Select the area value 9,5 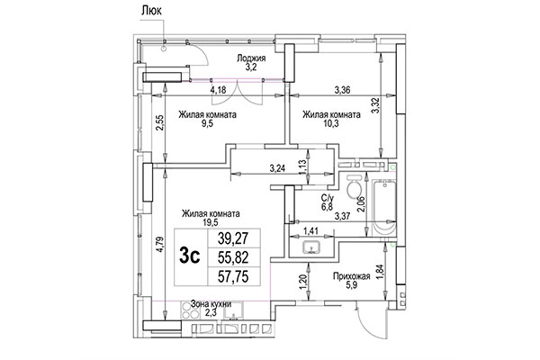point(207,126)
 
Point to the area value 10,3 point(331,126)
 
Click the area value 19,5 point(210,225)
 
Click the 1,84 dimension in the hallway point(387,271)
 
